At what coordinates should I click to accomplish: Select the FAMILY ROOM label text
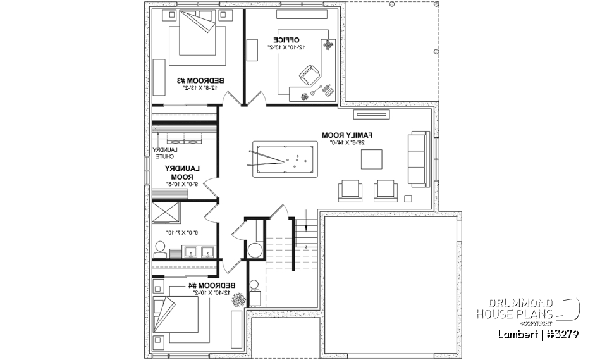(347, 135)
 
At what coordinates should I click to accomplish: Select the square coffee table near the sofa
(372, 159)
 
